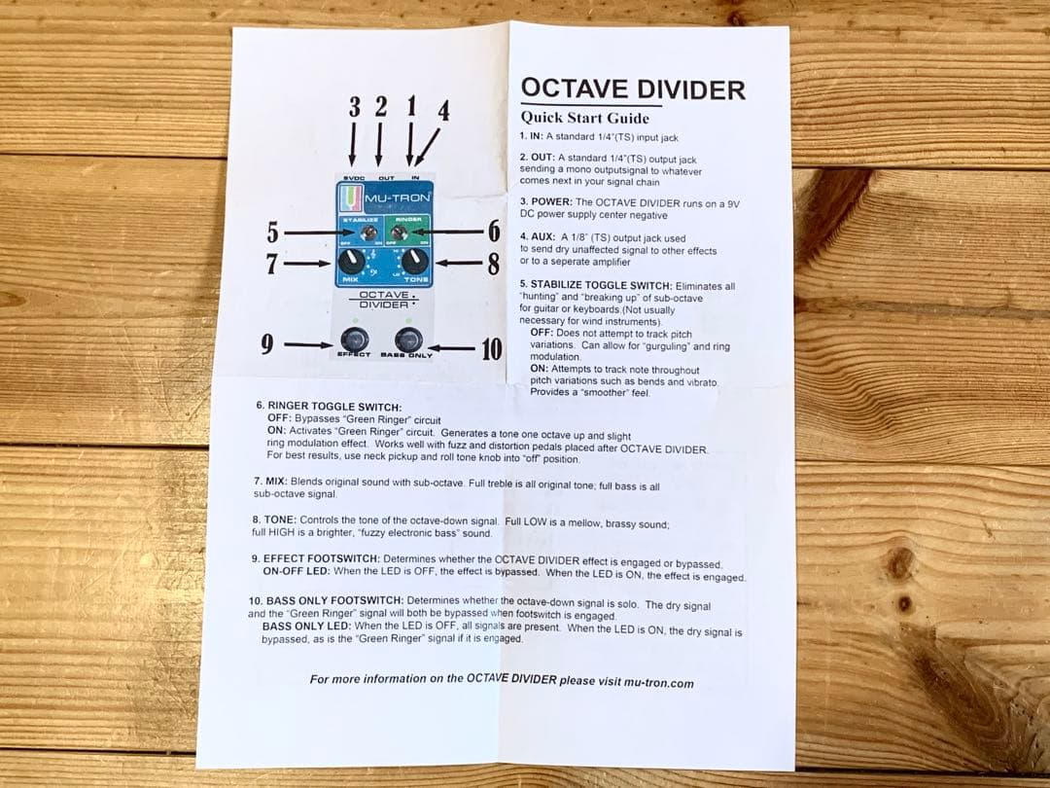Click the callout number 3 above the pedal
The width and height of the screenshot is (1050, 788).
click(x=354, y=107)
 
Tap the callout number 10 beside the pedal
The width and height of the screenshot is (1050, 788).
click(x=492, y=347)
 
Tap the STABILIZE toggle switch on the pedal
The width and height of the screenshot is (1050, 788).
click(x=369, y=233)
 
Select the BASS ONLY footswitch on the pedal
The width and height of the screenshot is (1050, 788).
click(x=408, y=340)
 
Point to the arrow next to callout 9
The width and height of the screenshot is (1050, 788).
click(x=308, y=344)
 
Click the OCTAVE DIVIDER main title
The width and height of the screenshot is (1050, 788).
click(x=633, y=90)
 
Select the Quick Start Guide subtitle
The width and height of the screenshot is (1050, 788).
click(x=584, y=118)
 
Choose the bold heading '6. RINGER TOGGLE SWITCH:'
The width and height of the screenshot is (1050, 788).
click(x=329, y=406)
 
